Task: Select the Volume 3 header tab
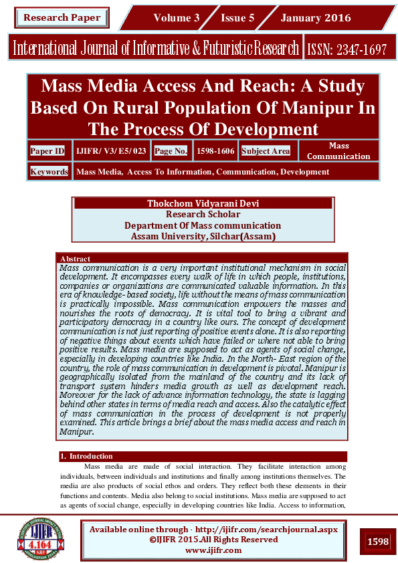176,18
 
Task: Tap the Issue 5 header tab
237,18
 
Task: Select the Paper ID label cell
47,151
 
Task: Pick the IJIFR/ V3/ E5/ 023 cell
110,151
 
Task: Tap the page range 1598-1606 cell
215,151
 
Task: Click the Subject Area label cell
266,151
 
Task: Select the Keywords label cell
49,172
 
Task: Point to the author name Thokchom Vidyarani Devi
203,203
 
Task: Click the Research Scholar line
203,214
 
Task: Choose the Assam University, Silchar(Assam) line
203,236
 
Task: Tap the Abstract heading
75,258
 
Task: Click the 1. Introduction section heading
86,456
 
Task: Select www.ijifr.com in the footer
213,550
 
